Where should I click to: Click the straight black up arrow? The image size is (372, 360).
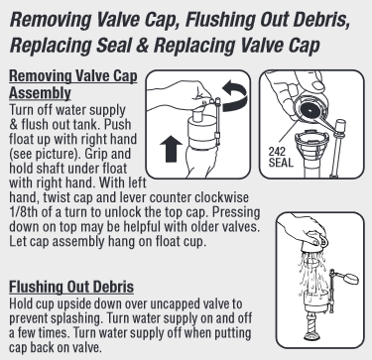171,149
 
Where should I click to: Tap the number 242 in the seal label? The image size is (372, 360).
277,152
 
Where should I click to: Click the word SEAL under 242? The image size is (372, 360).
281,163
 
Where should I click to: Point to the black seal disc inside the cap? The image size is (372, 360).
310,110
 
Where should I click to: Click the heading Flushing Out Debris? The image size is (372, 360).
71,287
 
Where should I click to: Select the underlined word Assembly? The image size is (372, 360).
40,93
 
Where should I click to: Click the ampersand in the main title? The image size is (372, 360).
142,45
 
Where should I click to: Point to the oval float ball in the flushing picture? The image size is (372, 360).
351,279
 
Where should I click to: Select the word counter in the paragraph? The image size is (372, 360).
170,198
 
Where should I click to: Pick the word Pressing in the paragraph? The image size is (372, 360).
236,213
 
